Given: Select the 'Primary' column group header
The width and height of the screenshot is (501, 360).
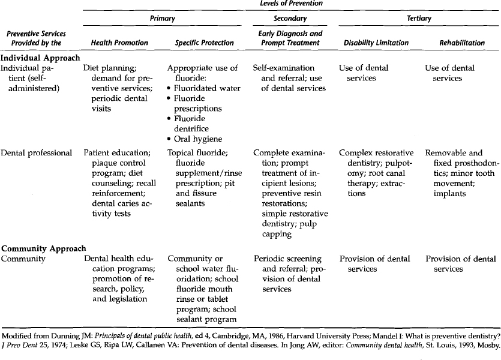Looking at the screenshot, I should coord(162,19).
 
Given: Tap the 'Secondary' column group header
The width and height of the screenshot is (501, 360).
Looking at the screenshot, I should coord(290,19).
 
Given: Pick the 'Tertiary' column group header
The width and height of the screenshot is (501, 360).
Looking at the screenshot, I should coord(419,19).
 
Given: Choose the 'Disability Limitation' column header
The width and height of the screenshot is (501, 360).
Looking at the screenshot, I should coord(376,43).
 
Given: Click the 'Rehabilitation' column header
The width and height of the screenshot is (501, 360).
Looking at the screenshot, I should coord(462,43).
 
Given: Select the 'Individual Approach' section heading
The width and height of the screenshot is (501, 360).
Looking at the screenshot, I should coord(40,58).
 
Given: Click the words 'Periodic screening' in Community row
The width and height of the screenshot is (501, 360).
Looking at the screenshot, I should coord(287,259).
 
